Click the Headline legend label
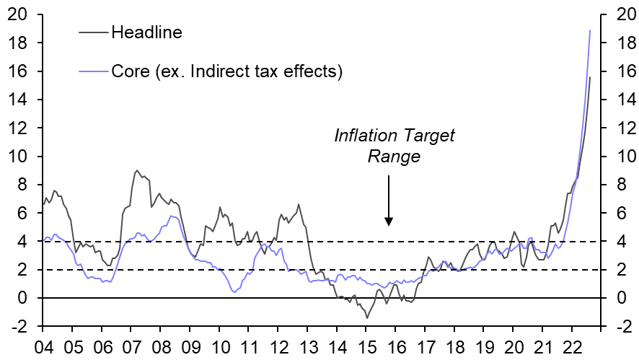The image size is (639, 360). [x=147, y=32]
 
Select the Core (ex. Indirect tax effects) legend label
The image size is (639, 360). [x=226, y=71]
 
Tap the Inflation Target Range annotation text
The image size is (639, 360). [x=395, y=146]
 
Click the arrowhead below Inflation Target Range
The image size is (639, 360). [x=389, y=221]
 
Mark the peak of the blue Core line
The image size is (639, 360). [x=590, y=30]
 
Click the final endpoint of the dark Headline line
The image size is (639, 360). [x=590, y=77]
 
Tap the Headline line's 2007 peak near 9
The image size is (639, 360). [x=137, y=170]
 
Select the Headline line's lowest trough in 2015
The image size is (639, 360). [x=367, y=318]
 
